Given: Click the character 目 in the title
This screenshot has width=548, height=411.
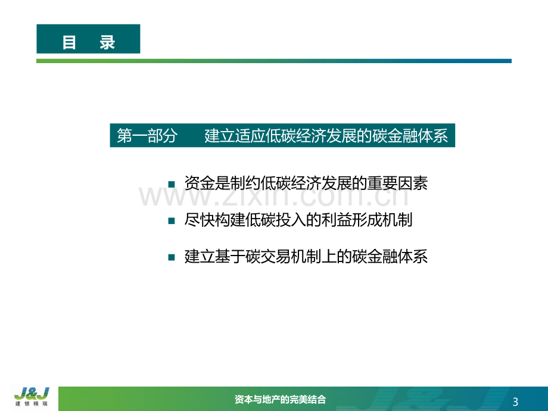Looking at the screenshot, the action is pyautogui.click(x=69, y=43).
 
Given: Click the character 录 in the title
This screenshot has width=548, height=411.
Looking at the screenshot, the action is pyautogui.click(x=107, y=43).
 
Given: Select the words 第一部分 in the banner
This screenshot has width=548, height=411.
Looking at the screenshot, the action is pyautogui.click(x=147, y=136).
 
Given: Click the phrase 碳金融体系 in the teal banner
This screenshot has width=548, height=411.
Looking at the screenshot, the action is pyautogui.click(x=410, y=136).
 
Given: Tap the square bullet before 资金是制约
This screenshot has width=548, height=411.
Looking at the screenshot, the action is pyautogui.click(x=172, y=185).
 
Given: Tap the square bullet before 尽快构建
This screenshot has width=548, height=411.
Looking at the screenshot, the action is pyautogui.click(x=172, y=221).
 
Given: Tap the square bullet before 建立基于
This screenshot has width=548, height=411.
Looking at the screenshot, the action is pyautogui.click(x=172, y=257).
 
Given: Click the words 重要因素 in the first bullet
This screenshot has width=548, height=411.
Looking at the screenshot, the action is pyautogui.click(x=397, y=183).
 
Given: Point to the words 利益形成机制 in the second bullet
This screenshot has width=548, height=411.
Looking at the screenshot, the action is pyautogui.click(x=366, y=220).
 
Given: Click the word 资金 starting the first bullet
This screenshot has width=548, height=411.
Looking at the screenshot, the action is pyautogui.click(x=200, y=183).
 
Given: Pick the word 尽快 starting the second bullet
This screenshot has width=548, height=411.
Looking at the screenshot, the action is pyautogui.click(x=200, y=220).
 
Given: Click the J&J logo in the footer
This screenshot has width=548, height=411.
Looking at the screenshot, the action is pyautogui.click(x=32, y=394).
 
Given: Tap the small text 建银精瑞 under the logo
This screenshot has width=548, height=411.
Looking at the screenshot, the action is pyautogui.click(x=32, y=404).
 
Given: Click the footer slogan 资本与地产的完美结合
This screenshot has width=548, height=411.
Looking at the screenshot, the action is pyautogui.click(x=280, y=399).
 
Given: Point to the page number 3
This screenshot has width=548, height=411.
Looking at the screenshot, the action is pyautogui.click(x=515, y=402).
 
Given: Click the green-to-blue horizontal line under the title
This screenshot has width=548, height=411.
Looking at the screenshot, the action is pyautogui.click(x=274, y=61).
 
